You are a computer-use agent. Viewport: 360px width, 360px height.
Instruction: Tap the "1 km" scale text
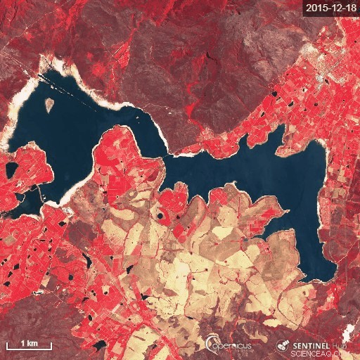(x=28, y=342)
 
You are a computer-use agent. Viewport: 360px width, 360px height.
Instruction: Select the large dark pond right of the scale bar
(x=99, y=345)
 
